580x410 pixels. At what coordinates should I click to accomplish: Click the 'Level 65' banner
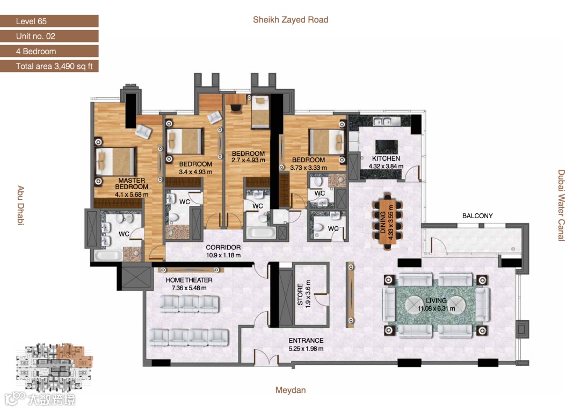coord(49,21)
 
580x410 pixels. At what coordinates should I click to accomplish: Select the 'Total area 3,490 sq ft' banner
coord(49,66)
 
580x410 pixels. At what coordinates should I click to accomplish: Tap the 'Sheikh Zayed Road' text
coord(291,19)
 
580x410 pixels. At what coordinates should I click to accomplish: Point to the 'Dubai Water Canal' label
coord(561,205)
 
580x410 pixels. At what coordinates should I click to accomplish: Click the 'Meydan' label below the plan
coord(291,390)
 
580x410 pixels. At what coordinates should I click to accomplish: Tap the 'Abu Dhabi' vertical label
coord(21,205)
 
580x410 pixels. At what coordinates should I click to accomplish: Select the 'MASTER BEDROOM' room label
coord(132,184)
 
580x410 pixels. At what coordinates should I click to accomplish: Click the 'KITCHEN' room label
coord(386,159)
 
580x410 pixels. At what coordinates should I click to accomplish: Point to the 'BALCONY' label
coord(477,215)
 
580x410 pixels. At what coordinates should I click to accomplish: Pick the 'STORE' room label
coord(300,294)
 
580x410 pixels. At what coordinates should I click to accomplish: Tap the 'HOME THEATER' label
coord(189,280)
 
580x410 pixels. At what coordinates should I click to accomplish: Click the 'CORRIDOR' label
coord(223,247)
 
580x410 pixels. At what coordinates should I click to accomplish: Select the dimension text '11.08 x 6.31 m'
coord(437,308)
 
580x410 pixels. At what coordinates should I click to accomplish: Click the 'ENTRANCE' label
coord(306,341)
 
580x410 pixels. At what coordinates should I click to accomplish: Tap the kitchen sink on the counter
coord(382,121)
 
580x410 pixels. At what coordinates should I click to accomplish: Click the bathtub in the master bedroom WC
coord(108,255)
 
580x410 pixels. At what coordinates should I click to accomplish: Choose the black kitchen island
coord(387,147)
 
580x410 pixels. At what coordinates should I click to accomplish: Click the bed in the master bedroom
coord(115,162)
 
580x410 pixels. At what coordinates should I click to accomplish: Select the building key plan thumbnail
coord(54,366)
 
